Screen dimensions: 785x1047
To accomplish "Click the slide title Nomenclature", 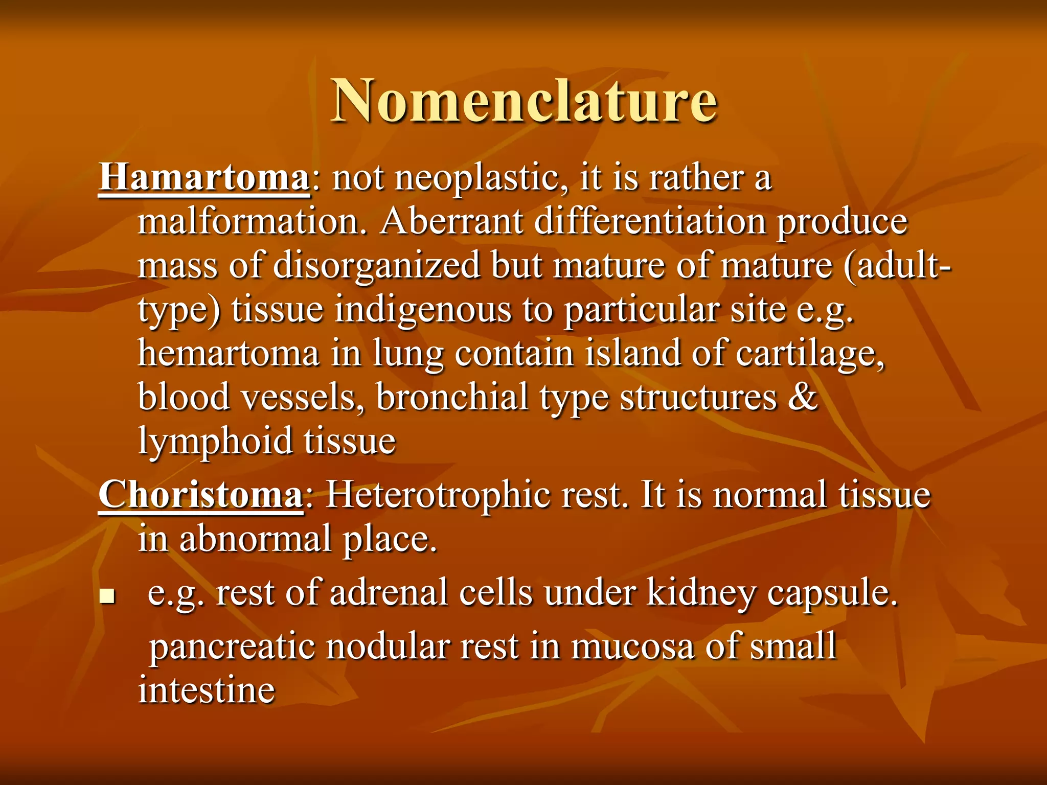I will point(523,100).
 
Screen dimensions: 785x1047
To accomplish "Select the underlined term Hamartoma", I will point(204,177).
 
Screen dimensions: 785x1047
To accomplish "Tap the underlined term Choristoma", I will point(201,495).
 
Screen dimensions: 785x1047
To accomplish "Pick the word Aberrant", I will point(451,222).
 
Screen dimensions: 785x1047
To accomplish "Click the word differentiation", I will point(650,222).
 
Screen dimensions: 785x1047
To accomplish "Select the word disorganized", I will point(377,266).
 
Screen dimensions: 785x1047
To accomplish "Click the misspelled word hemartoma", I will point(229,354).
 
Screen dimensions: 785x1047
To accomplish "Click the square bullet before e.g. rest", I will point(107,595).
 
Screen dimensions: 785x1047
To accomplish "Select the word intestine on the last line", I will point(207,690).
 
